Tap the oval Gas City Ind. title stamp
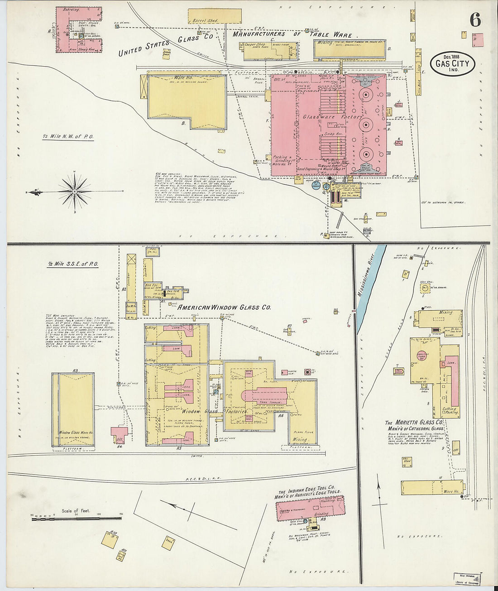452,64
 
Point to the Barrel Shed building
214,16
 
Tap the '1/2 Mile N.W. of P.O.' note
68,136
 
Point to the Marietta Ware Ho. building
430,487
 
